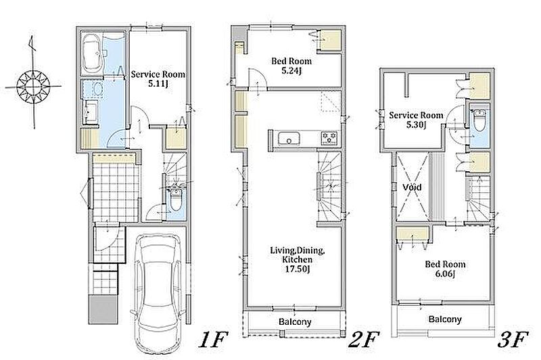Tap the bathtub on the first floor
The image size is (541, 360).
point(92,53)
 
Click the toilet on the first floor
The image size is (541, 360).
point(176,200)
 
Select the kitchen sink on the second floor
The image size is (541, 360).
point(289,139)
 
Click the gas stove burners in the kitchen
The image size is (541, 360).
point(329,138)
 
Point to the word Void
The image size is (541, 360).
point(412,187)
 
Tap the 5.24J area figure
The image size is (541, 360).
point(291,71)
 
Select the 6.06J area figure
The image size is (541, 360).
point(445,274)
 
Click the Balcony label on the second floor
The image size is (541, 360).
point(295,321)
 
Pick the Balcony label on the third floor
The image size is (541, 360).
point(445,319)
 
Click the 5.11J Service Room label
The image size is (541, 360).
point(158,78)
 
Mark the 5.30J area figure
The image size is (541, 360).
point(416,125)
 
